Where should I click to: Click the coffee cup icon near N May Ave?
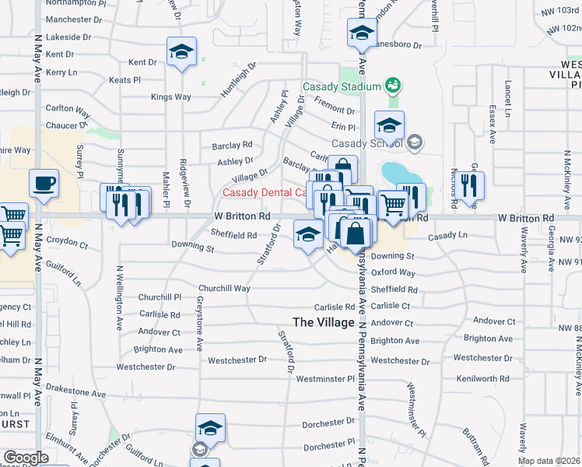tap(44, 184)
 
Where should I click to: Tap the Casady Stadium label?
tap(341, 86)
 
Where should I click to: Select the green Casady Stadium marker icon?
tap(392, 85)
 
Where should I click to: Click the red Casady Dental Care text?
tap(263, 192)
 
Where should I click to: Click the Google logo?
tap(26, 458)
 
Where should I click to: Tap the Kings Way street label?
tap(170, 97)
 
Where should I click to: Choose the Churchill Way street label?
tap(224, 288)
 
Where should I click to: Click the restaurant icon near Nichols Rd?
tap(468, 185)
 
